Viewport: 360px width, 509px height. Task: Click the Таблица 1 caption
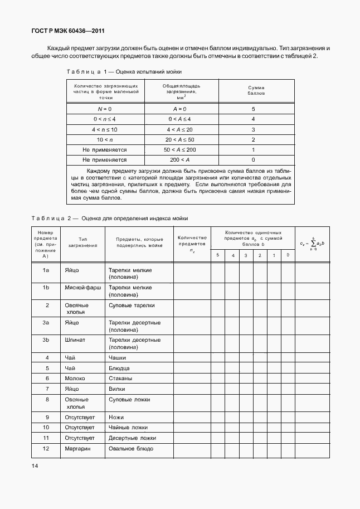[124, 72]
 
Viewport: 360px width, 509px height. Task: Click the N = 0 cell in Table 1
[105, 109]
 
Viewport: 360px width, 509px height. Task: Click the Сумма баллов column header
[255, 91]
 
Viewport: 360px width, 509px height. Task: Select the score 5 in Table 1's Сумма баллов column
[254, 109]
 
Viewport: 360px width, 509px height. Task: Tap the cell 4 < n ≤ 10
[105, 129]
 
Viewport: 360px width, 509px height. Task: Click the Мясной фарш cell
[82, 288]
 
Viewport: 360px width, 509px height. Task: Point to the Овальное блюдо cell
[131, 448]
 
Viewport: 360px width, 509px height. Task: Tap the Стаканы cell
[121, 378]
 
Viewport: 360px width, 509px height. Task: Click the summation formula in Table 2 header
[314, 244]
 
